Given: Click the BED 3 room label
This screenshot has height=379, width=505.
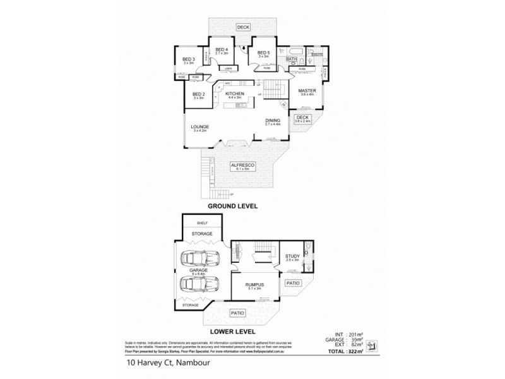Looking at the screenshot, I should [x=187, y=59].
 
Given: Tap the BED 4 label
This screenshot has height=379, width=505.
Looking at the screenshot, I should [x=221, y=50].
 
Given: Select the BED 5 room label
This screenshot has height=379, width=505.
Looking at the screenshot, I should [x=263, y=52].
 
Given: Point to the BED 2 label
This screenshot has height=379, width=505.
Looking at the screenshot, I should [x=199, y=94].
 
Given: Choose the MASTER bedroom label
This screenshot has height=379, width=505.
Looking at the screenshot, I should [x=307, y=90].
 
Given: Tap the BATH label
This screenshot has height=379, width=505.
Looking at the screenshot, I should [x=291, y=59].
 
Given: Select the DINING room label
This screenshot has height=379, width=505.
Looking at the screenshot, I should [x=273, y=121].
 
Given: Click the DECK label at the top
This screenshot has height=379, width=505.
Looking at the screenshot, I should [x=243, y=27].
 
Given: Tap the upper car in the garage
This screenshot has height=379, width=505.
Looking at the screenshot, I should [x=197, y=259].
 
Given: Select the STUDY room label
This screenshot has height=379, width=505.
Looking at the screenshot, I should [x=291, y=256].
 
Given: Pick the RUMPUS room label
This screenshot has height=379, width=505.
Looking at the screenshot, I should [x=254, y=285].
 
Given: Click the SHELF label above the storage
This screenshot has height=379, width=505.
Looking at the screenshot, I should [x=202, y=222].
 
